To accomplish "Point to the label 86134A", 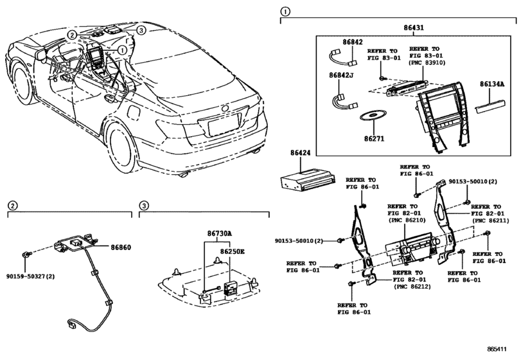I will click(491, 84).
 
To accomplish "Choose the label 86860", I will click(120, 247).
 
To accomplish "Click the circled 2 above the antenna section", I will click(13, 205).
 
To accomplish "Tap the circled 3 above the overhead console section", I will click(145, 205).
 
